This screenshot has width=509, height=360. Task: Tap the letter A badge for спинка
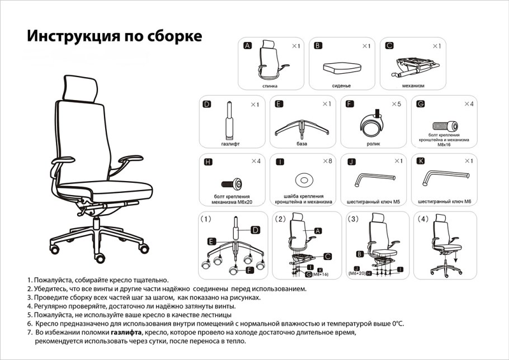point(248,46)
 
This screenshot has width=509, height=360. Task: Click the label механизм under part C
point(413,86)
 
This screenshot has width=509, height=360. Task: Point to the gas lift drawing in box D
point(230,121)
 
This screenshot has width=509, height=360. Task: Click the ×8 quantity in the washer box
point(327,161)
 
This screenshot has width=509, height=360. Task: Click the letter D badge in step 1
point(255,230)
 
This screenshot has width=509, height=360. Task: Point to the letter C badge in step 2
point(328,257)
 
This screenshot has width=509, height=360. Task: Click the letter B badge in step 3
point(360,254)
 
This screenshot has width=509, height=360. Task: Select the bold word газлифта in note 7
point(126,332)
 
